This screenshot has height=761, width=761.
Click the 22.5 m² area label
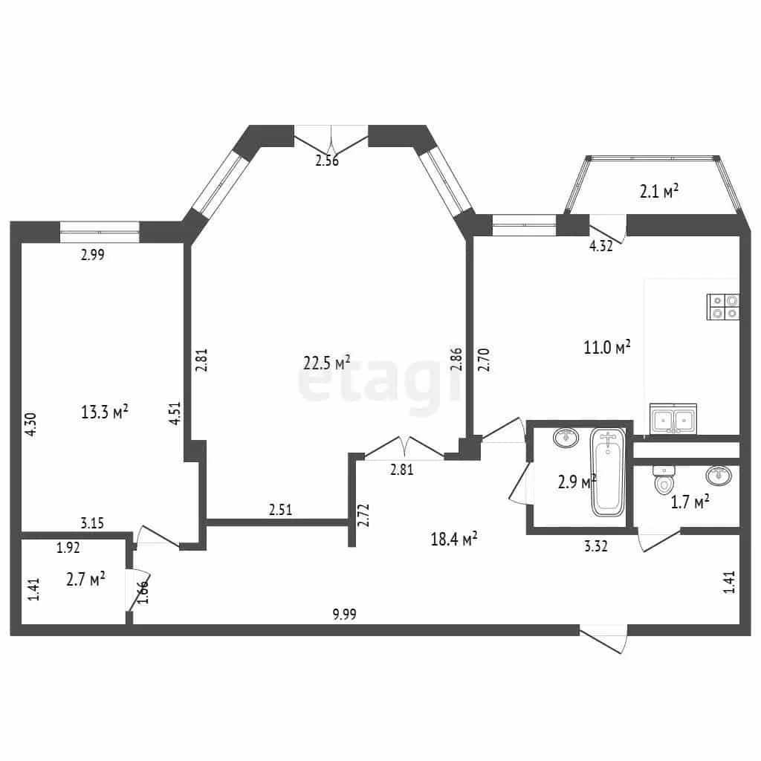click(x=327, y=362)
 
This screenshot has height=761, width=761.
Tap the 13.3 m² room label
click(x=104, y=412)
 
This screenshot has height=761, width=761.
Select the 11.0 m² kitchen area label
click(x=606, y=347)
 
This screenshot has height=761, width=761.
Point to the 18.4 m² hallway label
click(x=454, y=538)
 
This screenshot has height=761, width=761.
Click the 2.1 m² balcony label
click(x=658, y=191)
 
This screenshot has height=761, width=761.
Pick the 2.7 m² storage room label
click(x=86, y=579)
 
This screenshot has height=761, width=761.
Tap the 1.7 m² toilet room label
click(x=690, y=502)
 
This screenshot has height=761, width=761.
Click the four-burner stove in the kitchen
click(x=723, y=307)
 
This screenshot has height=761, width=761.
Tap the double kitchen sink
click(x=673, y=418)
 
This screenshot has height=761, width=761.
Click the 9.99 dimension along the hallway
click(x=344, y=614)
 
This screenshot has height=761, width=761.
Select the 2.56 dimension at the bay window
click(x=327, y=161)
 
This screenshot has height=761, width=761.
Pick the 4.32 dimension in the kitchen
click(x=600, y=245)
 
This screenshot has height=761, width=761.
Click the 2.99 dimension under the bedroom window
click(x=93, y=254)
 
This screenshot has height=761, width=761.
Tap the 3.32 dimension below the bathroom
click(x=595, y=546)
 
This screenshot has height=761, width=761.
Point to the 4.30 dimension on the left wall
click(x=30, y=424)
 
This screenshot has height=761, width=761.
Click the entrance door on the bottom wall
click(x=603, y=638)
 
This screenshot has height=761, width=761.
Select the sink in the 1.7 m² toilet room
click(x=719, y=475)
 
